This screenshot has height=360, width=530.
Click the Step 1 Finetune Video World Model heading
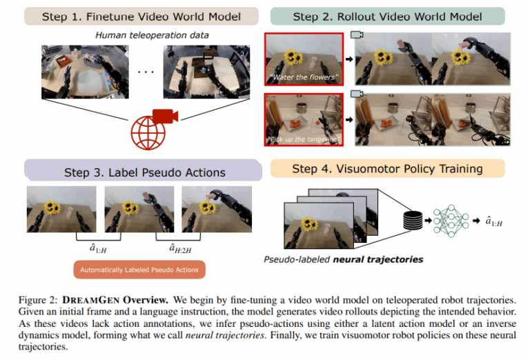(141, 17)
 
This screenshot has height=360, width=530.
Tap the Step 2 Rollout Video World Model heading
(387, 17)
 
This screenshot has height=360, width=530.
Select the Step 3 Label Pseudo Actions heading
(145, 172)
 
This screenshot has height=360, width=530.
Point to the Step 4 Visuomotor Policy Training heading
(387, 168)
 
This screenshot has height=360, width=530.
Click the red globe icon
(148, 133)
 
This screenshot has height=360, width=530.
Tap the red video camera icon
(166, 116)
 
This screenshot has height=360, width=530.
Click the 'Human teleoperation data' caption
(152, 35)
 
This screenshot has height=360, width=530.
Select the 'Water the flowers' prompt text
(304, 77)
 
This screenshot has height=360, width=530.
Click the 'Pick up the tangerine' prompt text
(303, 139)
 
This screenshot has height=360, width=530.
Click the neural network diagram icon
(451, 221)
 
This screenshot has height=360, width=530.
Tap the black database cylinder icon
(413, 220)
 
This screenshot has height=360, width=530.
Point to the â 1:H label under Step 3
(98, 248)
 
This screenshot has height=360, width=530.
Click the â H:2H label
(180, 248)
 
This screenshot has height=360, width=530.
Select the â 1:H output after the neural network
(494, 221)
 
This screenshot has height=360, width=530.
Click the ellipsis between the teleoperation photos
(146, 72)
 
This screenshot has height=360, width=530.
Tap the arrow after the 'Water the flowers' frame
(349, 59)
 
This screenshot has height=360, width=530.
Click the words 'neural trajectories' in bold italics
(378, 259)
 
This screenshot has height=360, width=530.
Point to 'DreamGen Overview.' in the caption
(115, 300)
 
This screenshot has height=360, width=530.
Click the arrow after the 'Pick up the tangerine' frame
(349, 119)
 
